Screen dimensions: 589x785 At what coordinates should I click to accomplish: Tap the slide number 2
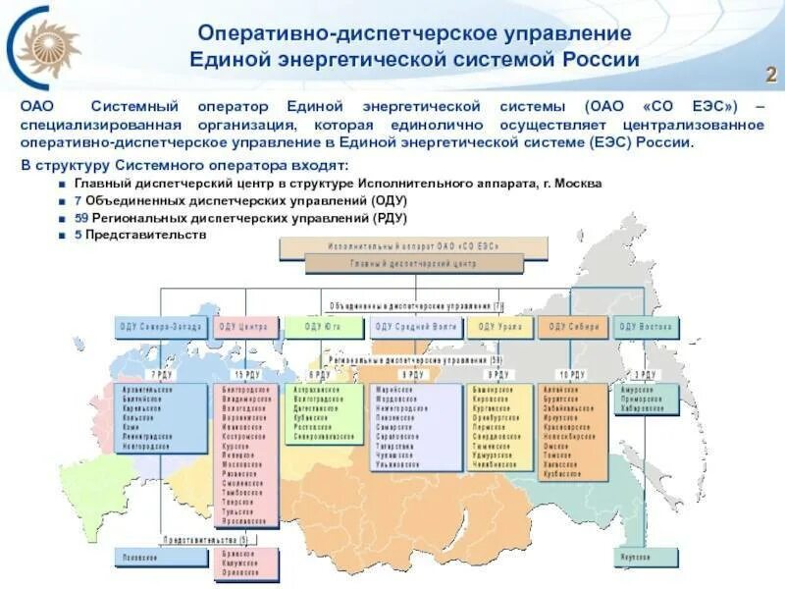pyautogui.click(x=770, y=76)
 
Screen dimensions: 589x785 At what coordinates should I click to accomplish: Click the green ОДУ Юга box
pyautogui.click(x=322, y=327)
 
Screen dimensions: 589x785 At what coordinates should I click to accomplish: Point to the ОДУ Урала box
pyautogui.click(x=498, y=327)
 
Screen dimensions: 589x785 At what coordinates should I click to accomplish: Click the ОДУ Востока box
pyautogui.click(x=645, y=327)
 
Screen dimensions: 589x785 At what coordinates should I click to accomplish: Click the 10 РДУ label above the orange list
pyautogui.click(x=572, y=376)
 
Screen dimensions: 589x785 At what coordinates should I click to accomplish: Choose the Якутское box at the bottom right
pyautogui.click(x=644, y=557)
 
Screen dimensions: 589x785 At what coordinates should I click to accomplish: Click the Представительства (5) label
pyautogui.click(x=206, y=540)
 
